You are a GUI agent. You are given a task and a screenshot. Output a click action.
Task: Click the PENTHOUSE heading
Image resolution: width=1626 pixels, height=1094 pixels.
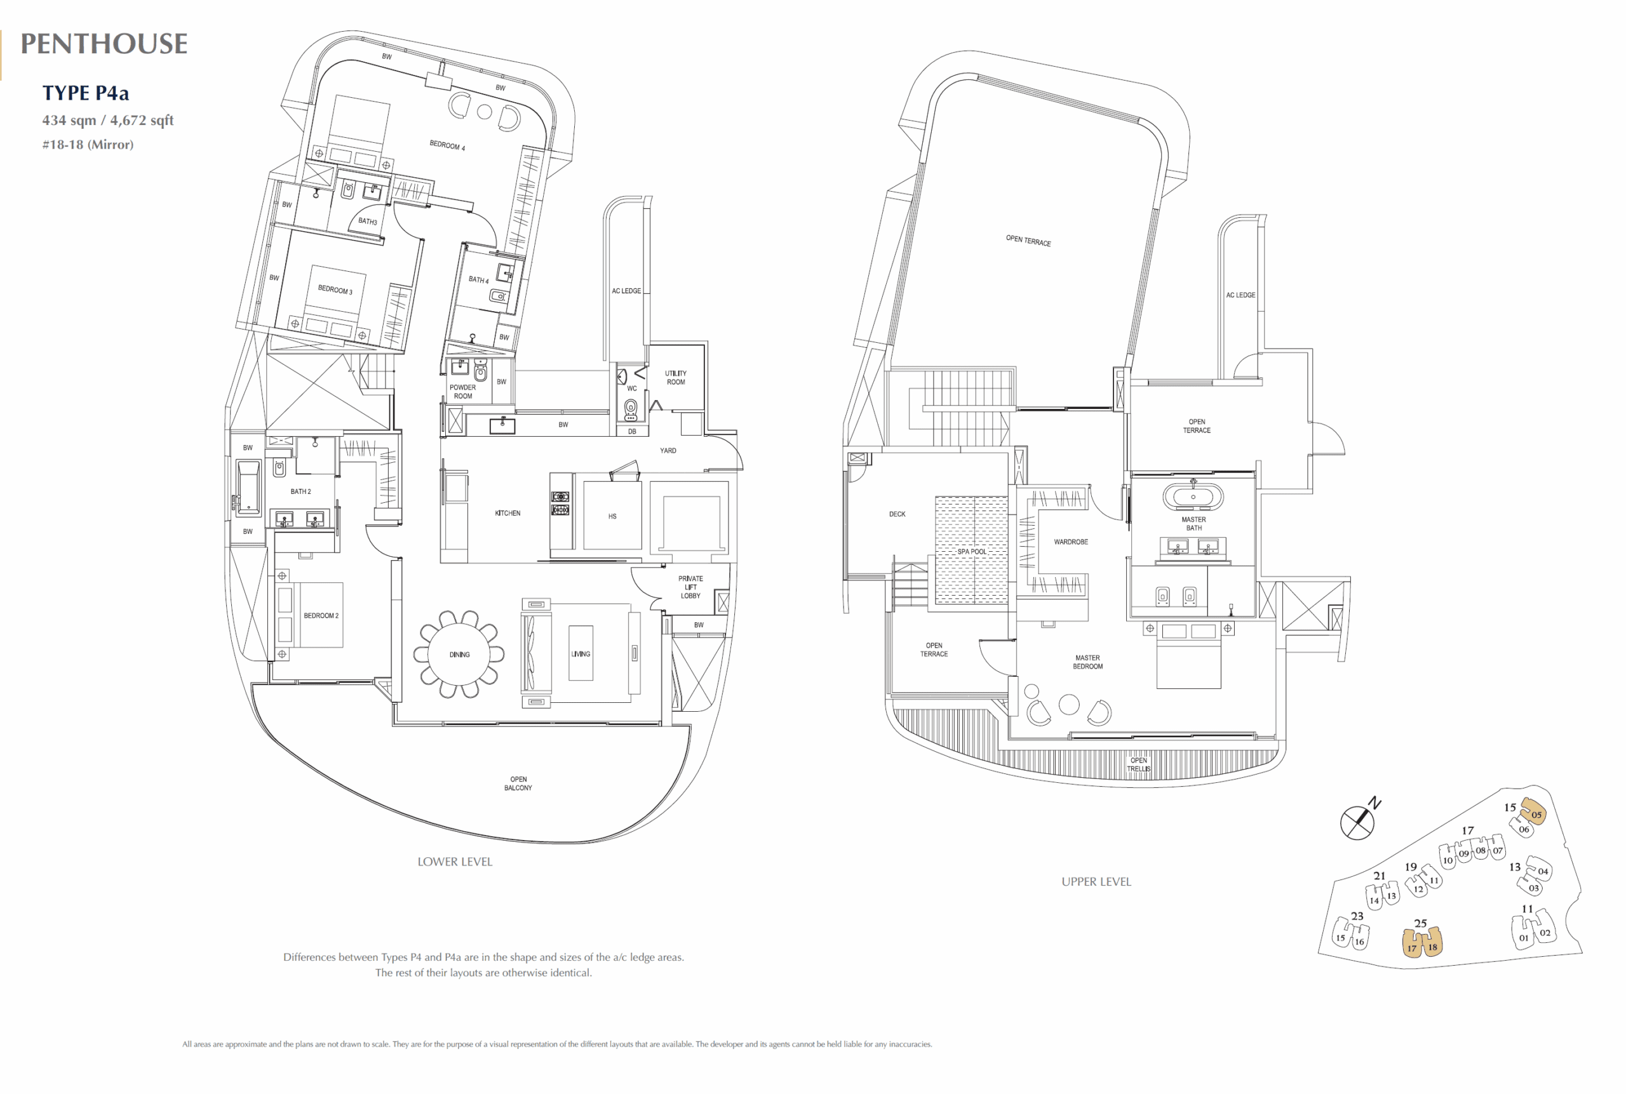(104, 44)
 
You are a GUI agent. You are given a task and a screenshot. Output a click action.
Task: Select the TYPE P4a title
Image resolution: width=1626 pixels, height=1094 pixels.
(85, 93)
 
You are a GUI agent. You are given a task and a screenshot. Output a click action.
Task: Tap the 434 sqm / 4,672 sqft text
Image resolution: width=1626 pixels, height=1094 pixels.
(107, 120)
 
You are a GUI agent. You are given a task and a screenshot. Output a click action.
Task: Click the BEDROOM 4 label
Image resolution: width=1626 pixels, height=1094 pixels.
(447, 146)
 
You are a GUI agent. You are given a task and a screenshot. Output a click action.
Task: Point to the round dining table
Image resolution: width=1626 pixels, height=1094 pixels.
(459, 655)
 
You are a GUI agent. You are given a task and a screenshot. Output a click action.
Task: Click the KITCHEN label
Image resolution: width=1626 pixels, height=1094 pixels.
(507, 514)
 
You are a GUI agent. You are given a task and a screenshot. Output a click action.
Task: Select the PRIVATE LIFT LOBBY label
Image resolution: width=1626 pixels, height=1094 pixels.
(691, 587)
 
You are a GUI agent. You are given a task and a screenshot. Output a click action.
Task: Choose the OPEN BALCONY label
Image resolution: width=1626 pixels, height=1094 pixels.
(518, 784)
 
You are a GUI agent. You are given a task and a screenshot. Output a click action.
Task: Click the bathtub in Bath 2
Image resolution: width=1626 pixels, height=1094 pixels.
(248, 488)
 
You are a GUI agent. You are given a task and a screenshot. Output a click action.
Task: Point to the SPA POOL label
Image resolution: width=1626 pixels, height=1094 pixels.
(972, 552)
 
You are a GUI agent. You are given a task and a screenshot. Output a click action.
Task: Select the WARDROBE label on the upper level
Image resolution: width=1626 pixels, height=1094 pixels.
(1070, 542)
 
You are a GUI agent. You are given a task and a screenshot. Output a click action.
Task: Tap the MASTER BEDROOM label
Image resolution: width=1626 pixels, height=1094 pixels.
(1087, 662)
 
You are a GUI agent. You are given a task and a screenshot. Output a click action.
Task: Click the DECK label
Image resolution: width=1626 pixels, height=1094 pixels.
(897, 514)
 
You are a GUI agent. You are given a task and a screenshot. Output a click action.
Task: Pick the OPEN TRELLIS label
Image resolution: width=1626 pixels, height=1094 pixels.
(1138, 764)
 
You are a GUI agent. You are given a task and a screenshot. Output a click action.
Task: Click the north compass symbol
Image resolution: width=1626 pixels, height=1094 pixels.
(1357, 822)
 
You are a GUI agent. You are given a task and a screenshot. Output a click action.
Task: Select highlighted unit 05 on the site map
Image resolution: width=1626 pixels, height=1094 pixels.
(1534, 813)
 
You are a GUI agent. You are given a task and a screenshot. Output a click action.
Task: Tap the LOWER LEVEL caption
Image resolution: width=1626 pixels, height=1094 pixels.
(455, 862)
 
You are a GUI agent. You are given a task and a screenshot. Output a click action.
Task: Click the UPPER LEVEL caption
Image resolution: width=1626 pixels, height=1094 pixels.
(1096, 882)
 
